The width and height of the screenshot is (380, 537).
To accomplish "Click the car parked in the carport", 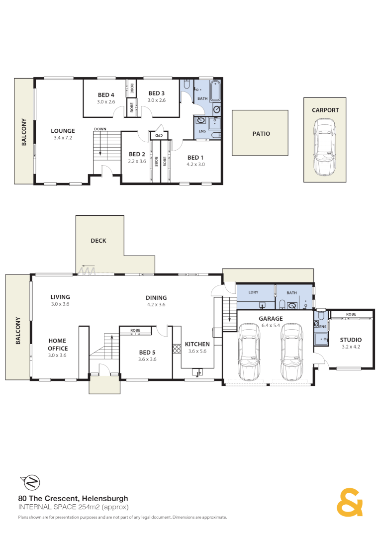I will click(324, 147).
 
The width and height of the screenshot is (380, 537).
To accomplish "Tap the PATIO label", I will click(261, 134).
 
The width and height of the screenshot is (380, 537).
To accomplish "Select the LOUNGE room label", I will click(63, 131).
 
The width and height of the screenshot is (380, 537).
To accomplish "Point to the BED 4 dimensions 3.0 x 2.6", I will click(106, 101).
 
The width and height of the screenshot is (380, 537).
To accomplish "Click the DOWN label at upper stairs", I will click(100, 129).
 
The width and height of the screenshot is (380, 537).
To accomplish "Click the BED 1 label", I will click(195, 158).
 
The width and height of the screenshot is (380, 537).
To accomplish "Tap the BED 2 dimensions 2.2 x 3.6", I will click(137, 161).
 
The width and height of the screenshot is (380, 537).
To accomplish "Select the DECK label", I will click(98, 241).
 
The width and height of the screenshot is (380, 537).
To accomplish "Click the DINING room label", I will click(156, 298).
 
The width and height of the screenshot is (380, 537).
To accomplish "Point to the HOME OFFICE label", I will click(57, 345).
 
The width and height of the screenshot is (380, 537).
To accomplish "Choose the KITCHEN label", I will click(197, 344).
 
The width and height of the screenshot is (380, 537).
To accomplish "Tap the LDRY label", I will click(253, 292).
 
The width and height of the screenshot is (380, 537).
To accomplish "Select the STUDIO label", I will click(351, 340).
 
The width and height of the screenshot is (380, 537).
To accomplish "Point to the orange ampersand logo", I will click(350, 502).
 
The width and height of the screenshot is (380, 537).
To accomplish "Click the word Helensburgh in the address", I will click(105, 498).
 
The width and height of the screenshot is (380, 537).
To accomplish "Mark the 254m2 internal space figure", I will click(90, 507).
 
